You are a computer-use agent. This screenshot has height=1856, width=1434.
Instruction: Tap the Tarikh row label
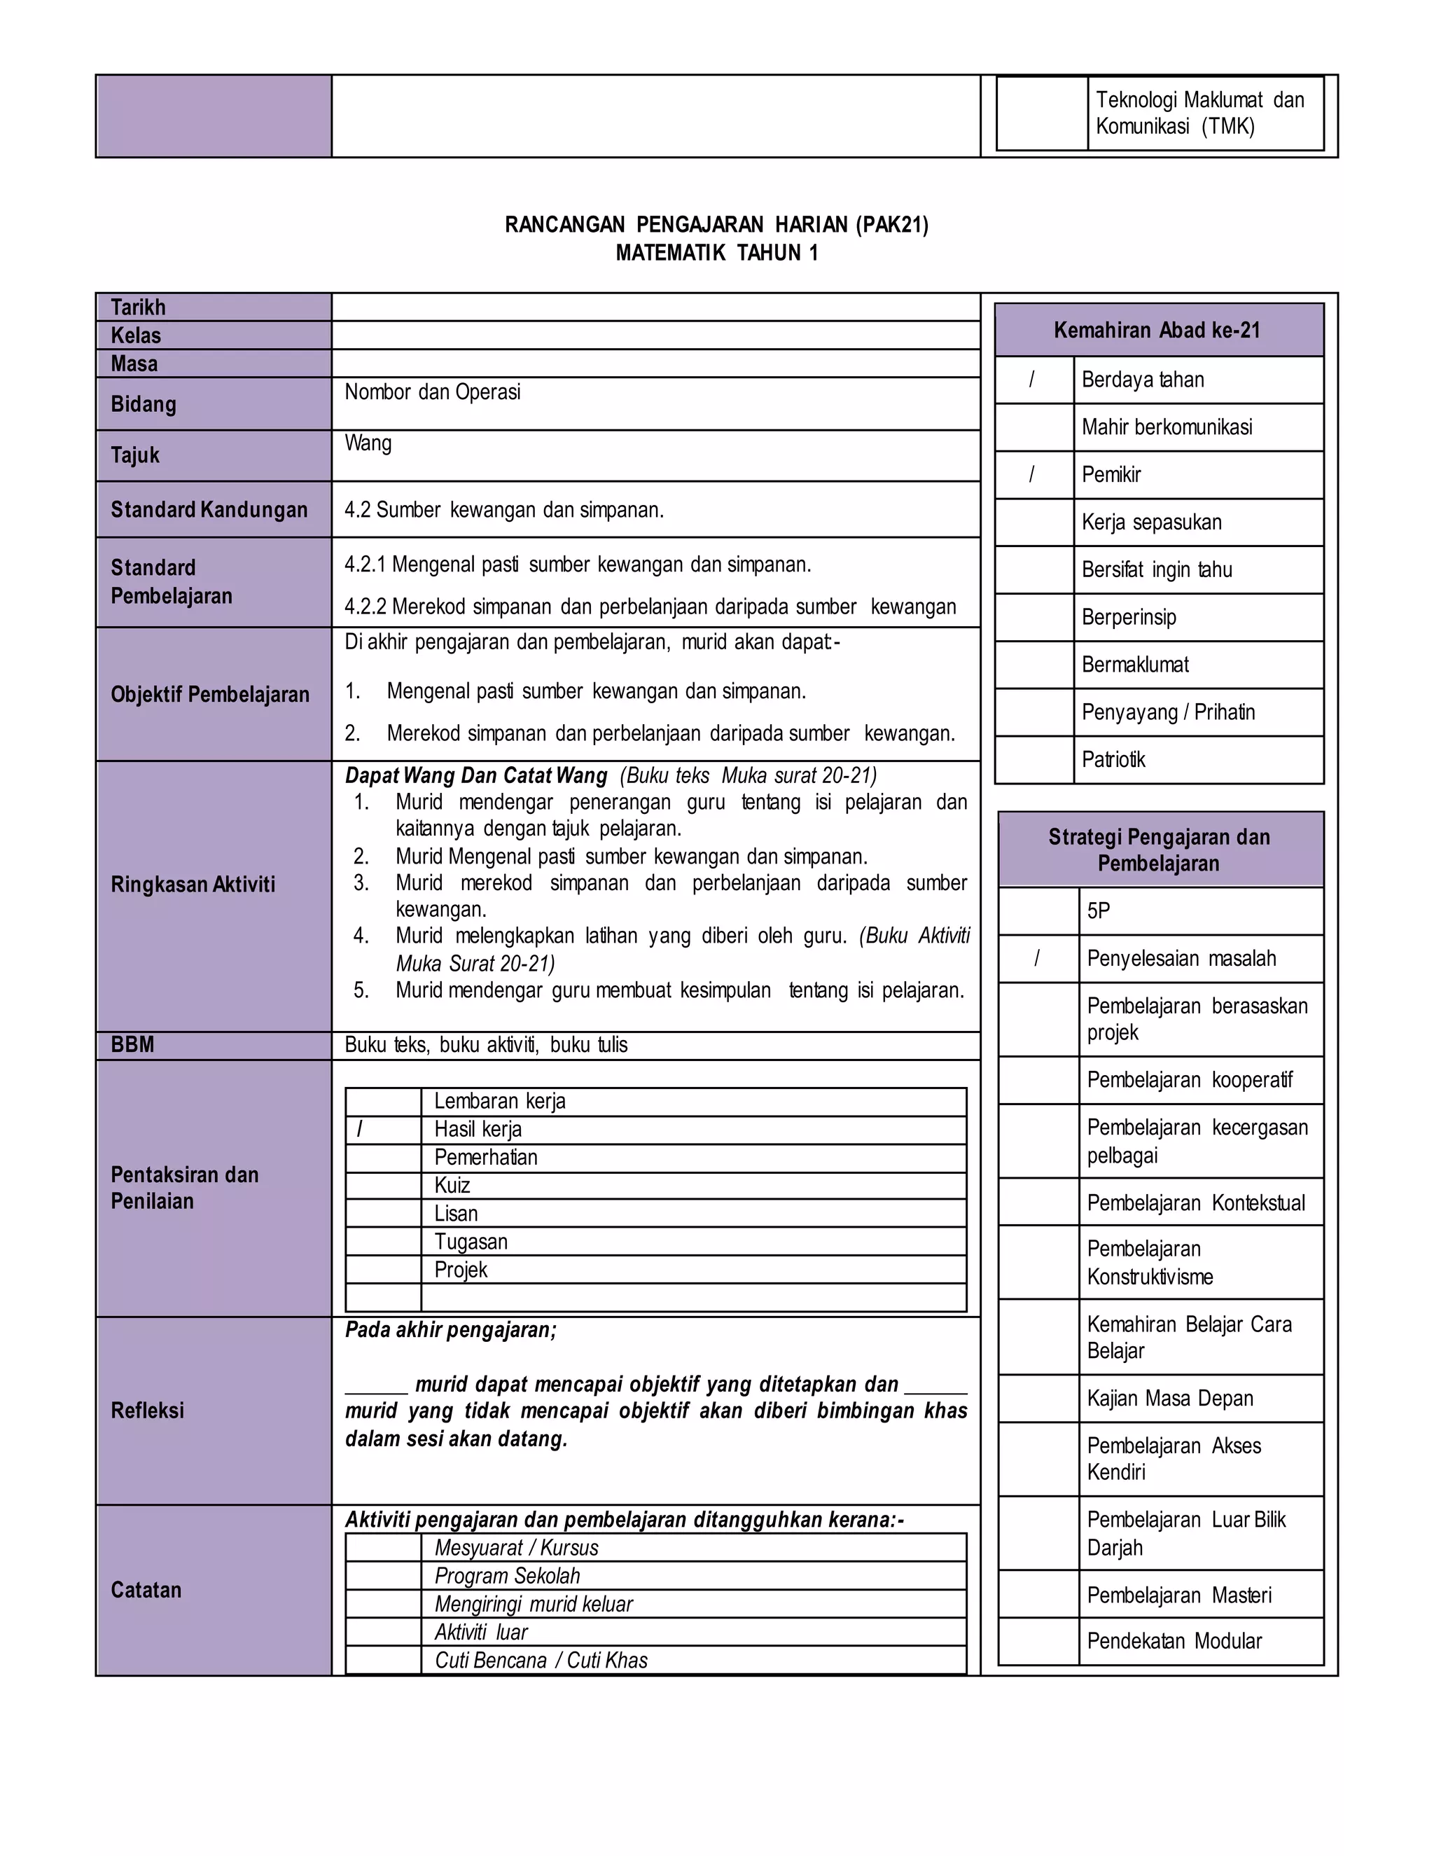138,307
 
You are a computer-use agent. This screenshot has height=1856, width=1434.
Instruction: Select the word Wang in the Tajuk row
368,443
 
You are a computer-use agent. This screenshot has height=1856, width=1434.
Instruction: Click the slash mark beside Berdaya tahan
1032,379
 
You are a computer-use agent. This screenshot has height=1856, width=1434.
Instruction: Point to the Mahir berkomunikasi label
1167,427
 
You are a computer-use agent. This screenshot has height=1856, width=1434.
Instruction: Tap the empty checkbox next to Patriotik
1034,759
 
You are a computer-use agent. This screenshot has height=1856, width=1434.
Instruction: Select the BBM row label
132,1044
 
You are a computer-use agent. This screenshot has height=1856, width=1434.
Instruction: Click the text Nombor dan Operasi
433,392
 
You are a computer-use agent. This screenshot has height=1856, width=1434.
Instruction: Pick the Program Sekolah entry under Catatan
507,1576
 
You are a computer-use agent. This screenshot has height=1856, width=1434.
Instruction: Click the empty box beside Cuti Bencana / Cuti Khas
383,1660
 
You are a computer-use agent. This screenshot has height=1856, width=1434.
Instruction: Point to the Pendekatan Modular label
1174,1641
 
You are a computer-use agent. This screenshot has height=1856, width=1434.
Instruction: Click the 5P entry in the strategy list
1099,911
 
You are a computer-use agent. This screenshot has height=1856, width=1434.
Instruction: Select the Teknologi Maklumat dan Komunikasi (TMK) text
1199,113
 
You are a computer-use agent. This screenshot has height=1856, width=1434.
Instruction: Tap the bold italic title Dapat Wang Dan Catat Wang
475,776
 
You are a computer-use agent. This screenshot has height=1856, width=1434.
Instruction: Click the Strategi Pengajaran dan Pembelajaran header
1159,850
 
